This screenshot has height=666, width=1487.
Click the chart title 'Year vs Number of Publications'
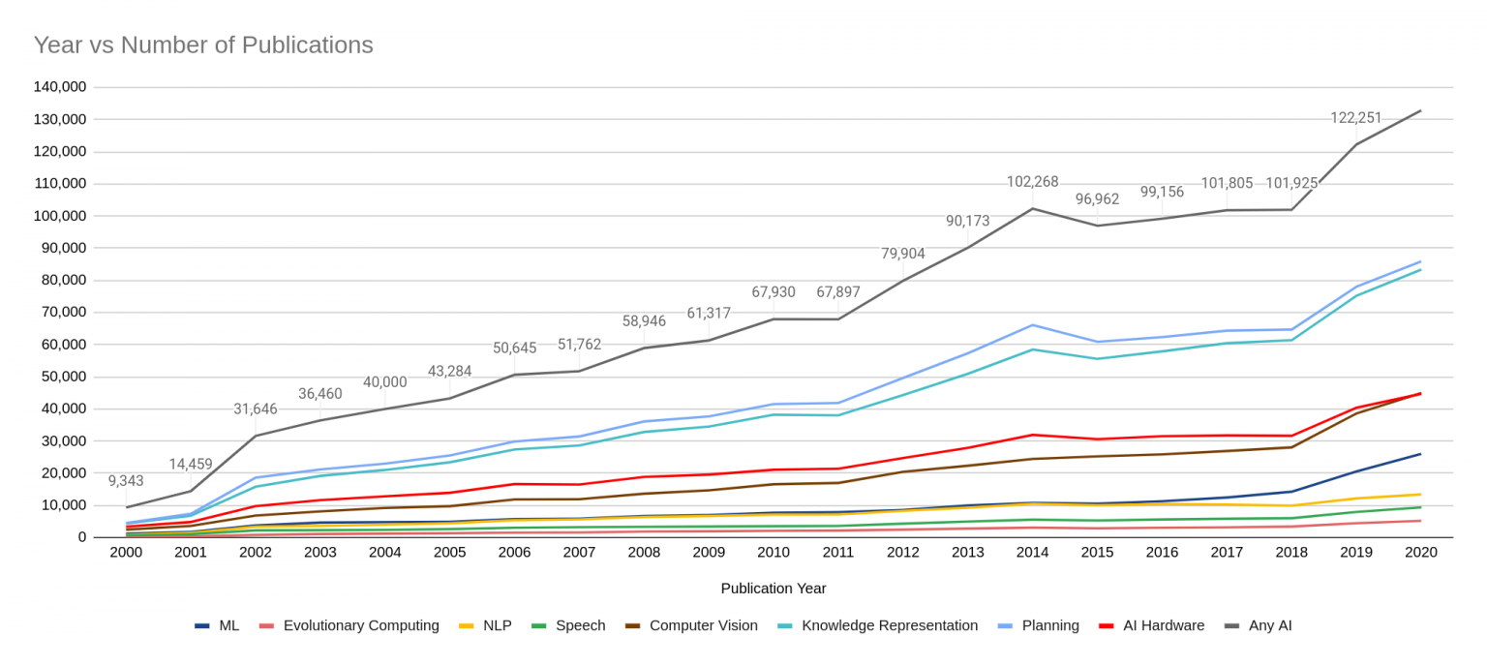point(203,45)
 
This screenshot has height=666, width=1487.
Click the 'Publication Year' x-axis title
point(774,588)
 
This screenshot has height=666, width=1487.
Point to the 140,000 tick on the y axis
point(60,87)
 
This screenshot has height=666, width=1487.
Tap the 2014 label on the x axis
point(1032,552)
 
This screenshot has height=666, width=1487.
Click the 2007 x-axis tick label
point(579,552)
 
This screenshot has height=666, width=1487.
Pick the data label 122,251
point(1355,118)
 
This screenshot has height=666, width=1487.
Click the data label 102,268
point(1032,182)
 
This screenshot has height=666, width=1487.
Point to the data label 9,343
point(126,481)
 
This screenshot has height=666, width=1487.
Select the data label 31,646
point(256,409)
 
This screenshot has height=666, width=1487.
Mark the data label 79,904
point(902,254)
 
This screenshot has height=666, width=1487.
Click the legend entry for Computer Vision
point(703,625)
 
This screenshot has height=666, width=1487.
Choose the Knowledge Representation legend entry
point(889,625)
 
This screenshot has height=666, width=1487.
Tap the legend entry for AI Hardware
point(1163,625)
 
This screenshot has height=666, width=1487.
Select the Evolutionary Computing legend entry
point(360,625)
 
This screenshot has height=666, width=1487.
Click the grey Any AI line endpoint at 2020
point(1420,110)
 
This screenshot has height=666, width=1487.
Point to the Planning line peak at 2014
point(1032,325)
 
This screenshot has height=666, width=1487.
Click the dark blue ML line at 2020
point(1420,454)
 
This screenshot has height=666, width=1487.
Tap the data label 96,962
point(1097,199)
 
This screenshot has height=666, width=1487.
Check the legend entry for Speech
point(580,625)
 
